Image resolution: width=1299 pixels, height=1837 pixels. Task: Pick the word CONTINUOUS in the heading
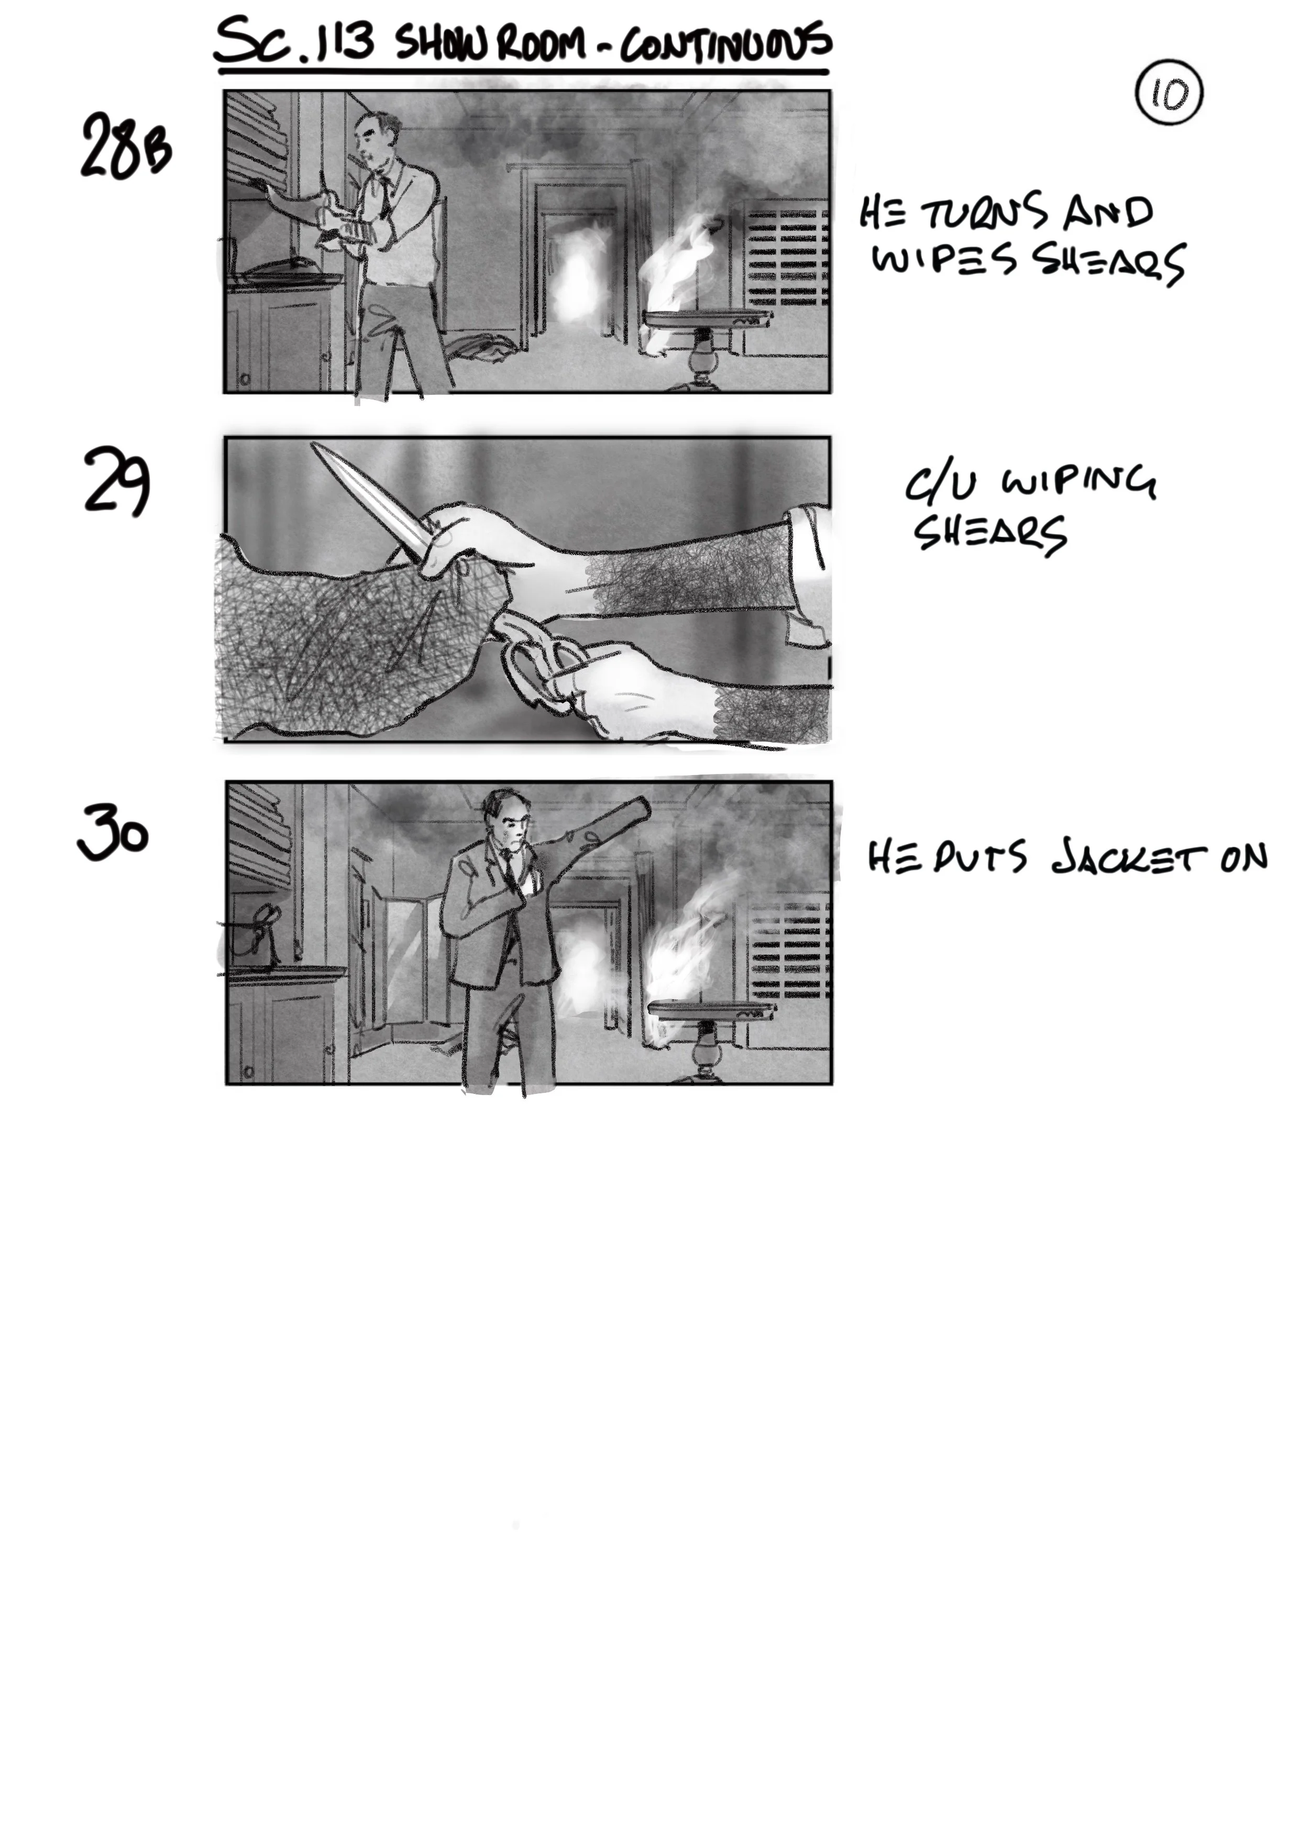coord(725,44)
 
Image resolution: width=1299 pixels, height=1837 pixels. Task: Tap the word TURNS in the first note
coord(984,213)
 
